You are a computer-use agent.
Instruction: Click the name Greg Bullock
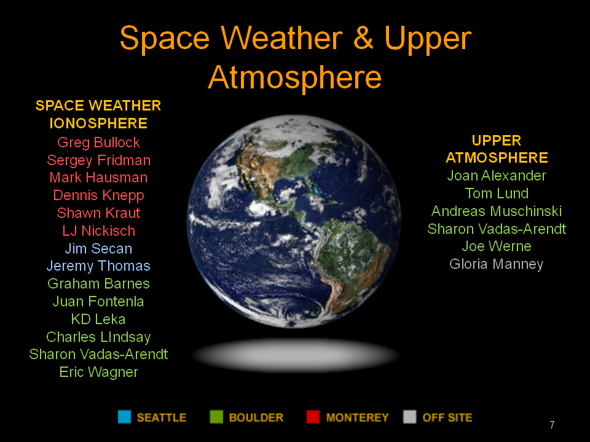coord(98,143)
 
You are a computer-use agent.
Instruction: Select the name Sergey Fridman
coord(98,160)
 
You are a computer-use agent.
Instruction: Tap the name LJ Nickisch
coord(98,231)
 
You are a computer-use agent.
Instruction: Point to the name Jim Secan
coord(98,249)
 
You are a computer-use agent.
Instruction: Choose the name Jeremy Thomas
coord(98,266)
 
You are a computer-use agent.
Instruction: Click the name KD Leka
coord(98,319)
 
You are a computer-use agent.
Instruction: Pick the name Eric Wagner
coord(98,372)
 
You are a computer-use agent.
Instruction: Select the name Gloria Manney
coord(497,264)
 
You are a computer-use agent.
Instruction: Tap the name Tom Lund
coord(497,193)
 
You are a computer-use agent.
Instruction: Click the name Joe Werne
coord(497,246)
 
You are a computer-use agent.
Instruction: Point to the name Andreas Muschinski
coord(497,211)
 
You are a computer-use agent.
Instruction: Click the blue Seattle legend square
coord(125,417)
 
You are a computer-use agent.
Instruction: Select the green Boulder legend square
coord(216,417)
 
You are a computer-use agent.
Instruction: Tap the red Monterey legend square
coord(313,417)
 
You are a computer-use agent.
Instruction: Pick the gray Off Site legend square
coord(410,417)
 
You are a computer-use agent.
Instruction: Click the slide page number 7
coord(552,425)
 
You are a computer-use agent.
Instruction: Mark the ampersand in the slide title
coord(363,38)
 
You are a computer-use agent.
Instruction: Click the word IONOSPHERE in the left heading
coord(98,123)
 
